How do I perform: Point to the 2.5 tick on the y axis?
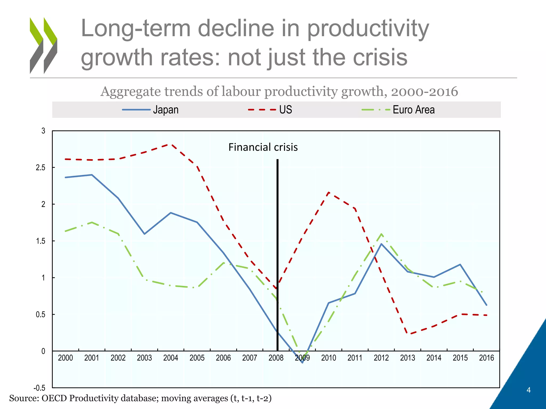[41, 167]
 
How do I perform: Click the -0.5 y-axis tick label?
[39, 388]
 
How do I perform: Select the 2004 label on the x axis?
[171, 358]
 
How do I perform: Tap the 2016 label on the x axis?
[486, 358]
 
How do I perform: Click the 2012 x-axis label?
[381, 358]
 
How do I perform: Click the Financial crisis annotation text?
[263, 147]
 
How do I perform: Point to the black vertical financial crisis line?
[278, 253]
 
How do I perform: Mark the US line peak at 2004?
[171, 144]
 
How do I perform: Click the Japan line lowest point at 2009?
[302, 362]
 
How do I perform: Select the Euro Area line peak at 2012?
[382, 234]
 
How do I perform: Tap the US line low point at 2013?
[407, 334]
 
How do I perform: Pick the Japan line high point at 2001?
[92, 175]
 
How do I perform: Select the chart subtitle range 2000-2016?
[424, 91]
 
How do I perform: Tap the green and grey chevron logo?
[43, 45]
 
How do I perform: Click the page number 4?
[528, 390]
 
